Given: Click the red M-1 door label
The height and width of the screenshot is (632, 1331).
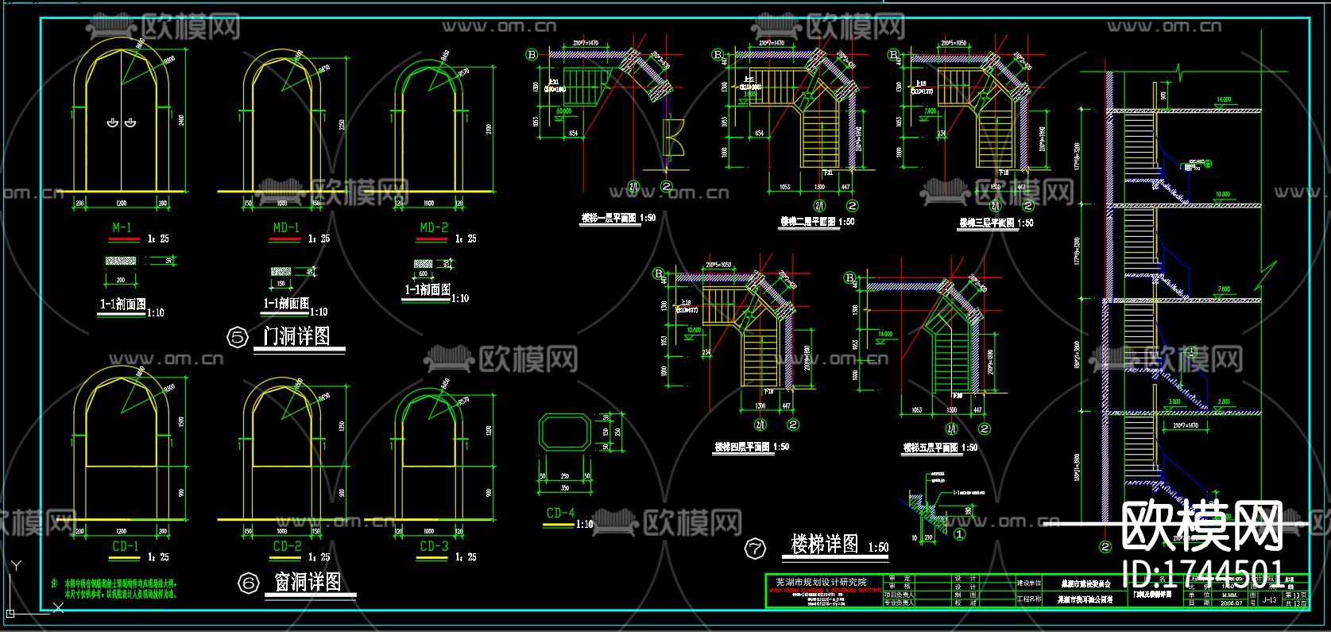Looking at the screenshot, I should [122, 228].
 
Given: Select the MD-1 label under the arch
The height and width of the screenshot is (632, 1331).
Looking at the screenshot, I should [286, 228].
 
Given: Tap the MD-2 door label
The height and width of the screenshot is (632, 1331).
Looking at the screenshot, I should [434, 228].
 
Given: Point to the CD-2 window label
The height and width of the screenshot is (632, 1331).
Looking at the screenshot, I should [287, 546].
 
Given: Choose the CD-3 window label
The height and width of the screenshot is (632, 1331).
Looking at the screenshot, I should [434, 546].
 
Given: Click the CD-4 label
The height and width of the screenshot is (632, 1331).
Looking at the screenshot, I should [560, 514].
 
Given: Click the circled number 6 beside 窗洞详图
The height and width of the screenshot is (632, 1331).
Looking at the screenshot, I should [249, 584].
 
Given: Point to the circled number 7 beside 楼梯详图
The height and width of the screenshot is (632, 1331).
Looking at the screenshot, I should [754, 548].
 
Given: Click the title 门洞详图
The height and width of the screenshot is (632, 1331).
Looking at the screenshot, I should [297, 335].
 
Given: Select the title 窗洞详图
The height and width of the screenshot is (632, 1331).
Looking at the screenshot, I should [308, 582].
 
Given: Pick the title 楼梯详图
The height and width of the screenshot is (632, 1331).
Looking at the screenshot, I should [825, 545].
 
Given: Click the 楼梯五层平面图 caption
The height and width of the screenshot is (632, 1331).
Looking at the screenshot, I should [931, 448].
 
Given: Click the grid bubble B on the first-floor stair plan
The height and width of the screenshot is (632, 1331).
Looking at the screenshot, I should [532, 55].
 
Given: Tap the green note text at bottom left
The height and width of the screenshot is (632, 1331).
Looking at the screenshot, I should [120, 588].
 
